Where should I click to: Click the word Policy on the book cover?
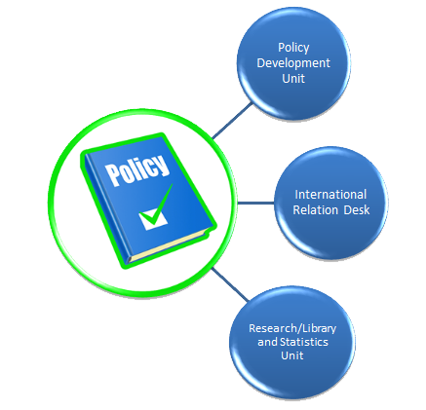[x=137, y=170]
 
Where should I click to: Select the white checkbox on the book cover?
[x=153, y=220]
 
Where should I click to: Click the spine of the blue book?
[x=106, y=207]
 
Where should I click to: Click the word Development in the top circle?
[x=293, y=63]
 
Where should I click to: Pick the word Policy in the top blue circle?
[x=293, y=48]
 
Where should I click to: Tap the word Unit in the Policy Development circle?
[x=293, y=79]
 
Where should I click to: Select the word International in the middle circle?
[x=330, y=195]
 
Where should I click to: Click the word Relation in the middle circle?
[x=315, y=210]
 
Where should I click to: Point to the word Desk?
[x=357, y=210]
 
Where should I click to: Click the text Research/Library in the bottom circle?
[x=292, y=328]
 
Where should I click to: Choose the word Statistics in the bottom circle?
[x=304, y=342]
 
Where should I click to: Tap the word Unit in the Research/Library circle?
[x=292, y=355]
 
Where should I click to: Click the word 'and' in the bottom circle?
[x=267, y=342]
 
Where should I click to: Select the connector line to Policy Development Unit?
[x=232, y=121]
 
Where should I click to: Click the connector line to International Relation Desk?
[x=255, y=204]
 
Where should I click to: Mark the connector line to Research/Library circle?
[x=230, y=284]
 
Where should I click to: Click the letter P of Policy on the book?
[x=112, y=175]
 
